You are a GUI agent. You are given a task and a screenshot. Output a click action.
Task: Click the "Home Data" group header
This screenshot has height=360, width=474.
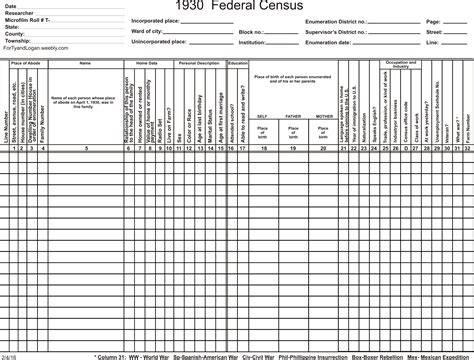tap(148, 63)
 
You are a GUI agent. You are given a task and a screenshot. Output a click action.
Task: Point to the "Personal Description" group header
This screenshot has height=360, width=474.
tap(199, 63)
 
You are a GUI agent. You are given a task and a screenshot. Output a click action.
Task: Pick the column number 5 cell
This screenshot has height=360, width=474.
tap(86, 148)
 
